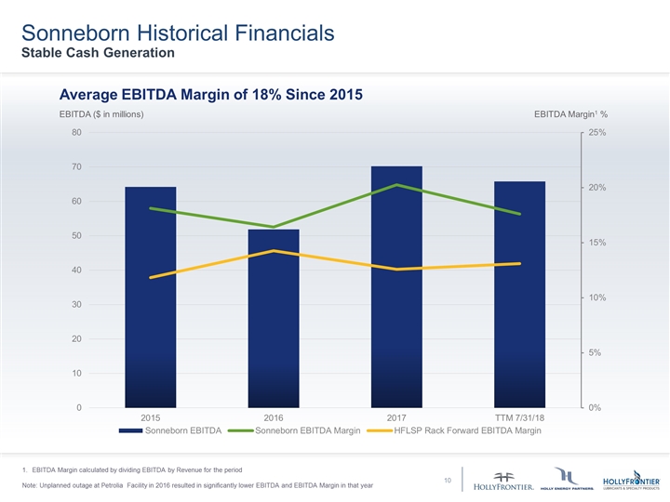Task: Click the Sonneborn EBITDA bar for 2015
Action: [x=150, y=297]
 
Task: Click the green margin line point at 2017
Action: [x=396, y=185]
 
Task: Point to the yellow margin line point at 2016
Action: [x=274, y=251]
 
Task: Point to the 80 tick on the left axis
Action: [x=75, y=132]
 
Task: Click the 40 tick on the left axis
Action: [x=75, y=270]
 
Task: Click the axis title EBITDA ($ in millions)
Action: [x=100, y=113]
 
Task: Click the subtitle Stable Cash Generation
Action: [x=99, y=53]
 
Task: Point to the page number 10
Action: [x=448, y=480]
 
